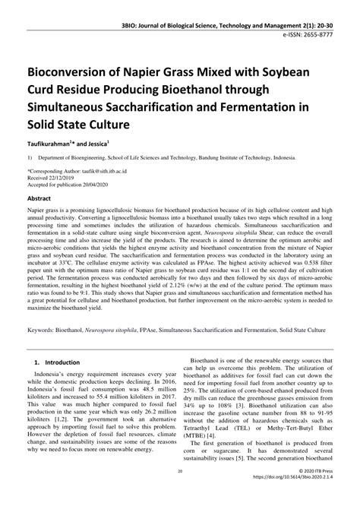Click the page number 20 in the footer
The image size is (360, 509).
point(179,493)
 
